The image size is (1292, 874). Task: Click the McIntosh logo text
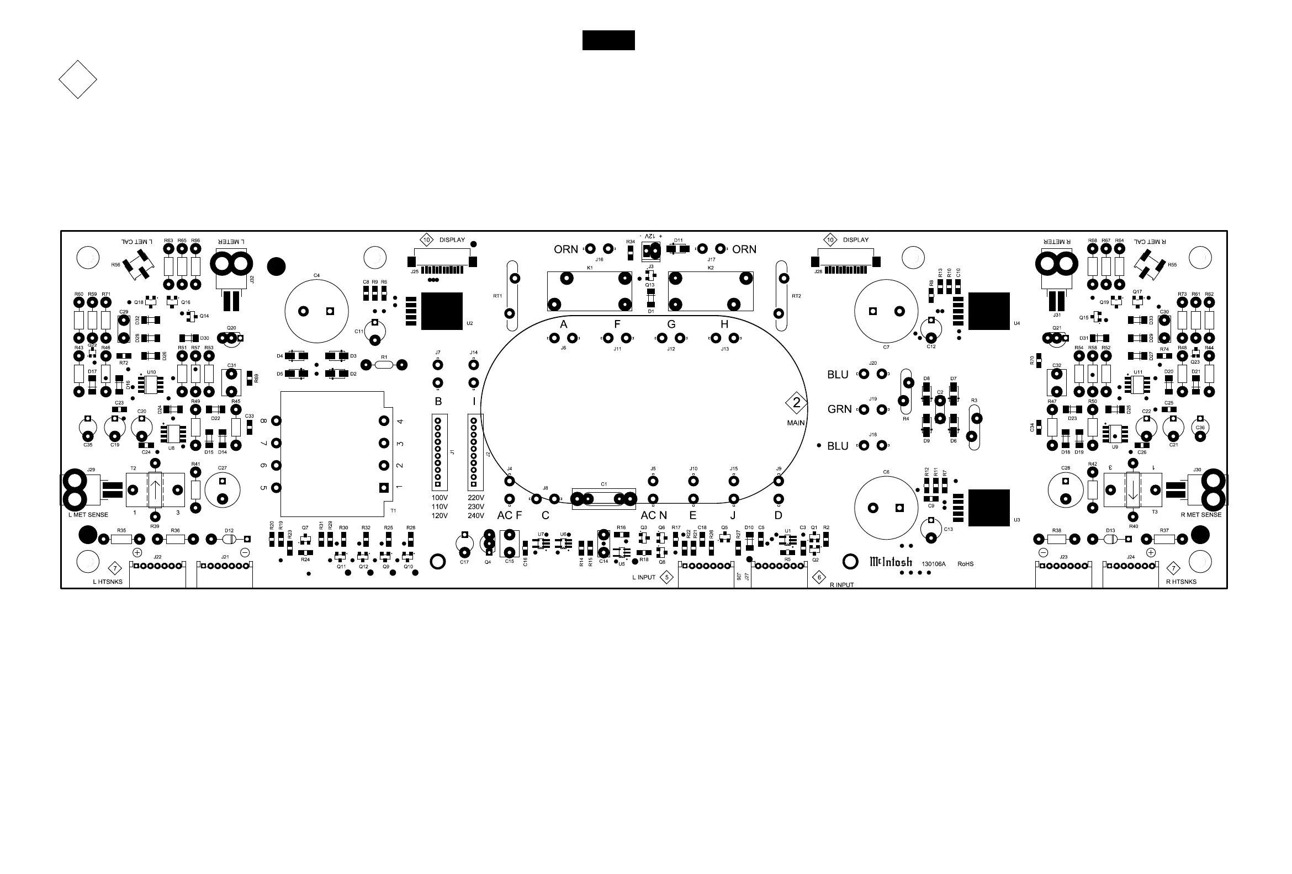891,562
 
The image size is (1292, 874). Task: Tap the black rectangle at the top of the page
608,40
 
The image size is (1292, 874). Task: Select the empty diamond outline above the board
78,79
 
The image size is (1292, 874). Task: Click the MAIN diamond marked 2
796,403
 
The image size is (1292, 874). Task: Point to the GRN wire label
839,409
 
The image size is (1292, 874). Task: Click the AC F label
509,515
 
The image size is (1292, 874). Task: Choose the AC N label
654,515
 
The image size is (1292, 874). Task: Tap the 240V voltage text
476,516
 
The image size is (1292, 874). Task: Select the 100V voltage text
440,498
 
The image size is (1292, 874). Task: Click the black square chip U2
442,311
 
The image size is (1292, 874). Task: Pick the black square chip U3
989,508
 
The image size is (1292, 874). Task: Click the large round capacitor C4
316,311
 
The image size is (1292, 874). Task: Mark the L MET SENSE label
88,515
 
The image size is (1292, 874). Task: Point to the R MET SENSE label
1201,515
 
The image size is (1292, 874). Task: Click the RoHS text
966,564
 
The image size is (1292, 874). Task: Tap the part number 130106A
934,564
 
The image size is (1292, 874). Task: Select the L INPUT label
644,578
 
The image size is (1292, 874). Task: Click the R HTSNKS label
1182,582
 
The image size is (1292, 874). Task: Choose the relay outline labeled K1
589,291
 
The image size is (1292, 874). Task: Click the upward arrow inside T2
155,489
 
